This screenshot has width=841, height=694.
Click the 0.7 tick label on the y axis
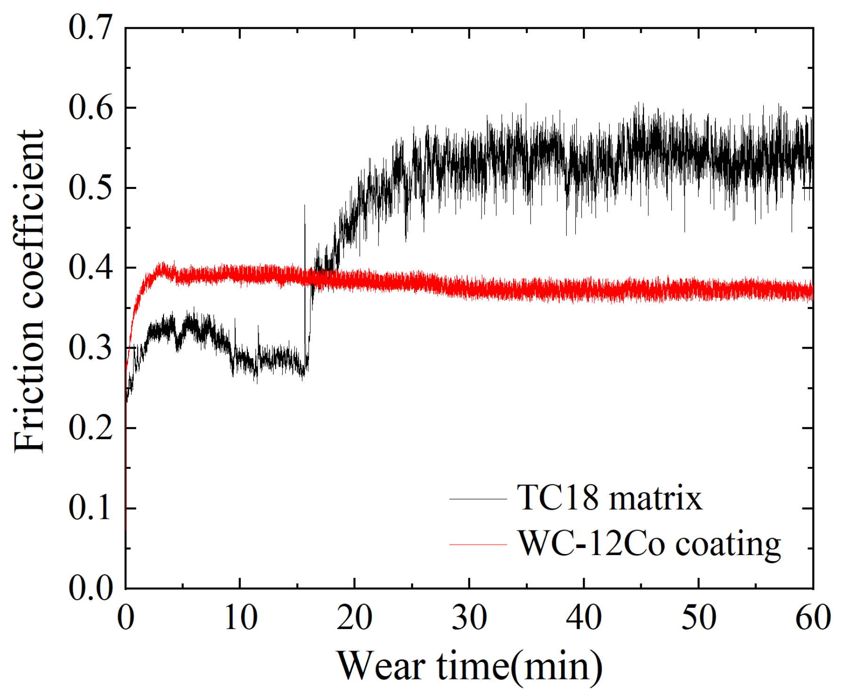click(x=90, y=27)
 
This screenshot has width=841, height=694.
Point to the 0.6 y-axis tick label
click(x=90, y=107)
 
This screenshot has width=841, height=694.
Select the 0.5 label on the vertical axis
click(x=90, y=188)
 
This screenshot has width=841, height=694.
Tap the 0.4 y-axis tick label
click(x=90, y=268)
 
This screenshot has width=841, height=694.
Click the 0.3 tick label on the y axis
click(x=90, y=348)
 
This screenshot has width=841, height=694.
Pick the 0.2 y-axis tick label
click(x=90, y=428)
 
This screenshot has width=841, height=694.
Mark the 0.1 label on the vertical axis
click(x=90, y=508)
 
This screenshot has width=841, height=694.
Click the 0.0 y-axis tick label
click(x=90, y=588)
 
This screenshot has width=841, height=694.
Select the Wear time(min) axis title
click(x=469, y=666)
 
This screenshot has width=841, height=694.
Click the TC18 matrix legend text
click(x=609, y=498)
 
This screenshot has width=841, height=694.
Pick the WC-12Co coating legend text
click(x=649, y=544)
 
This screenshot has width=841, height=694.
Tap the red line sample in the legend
click(x=478, y=545)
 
